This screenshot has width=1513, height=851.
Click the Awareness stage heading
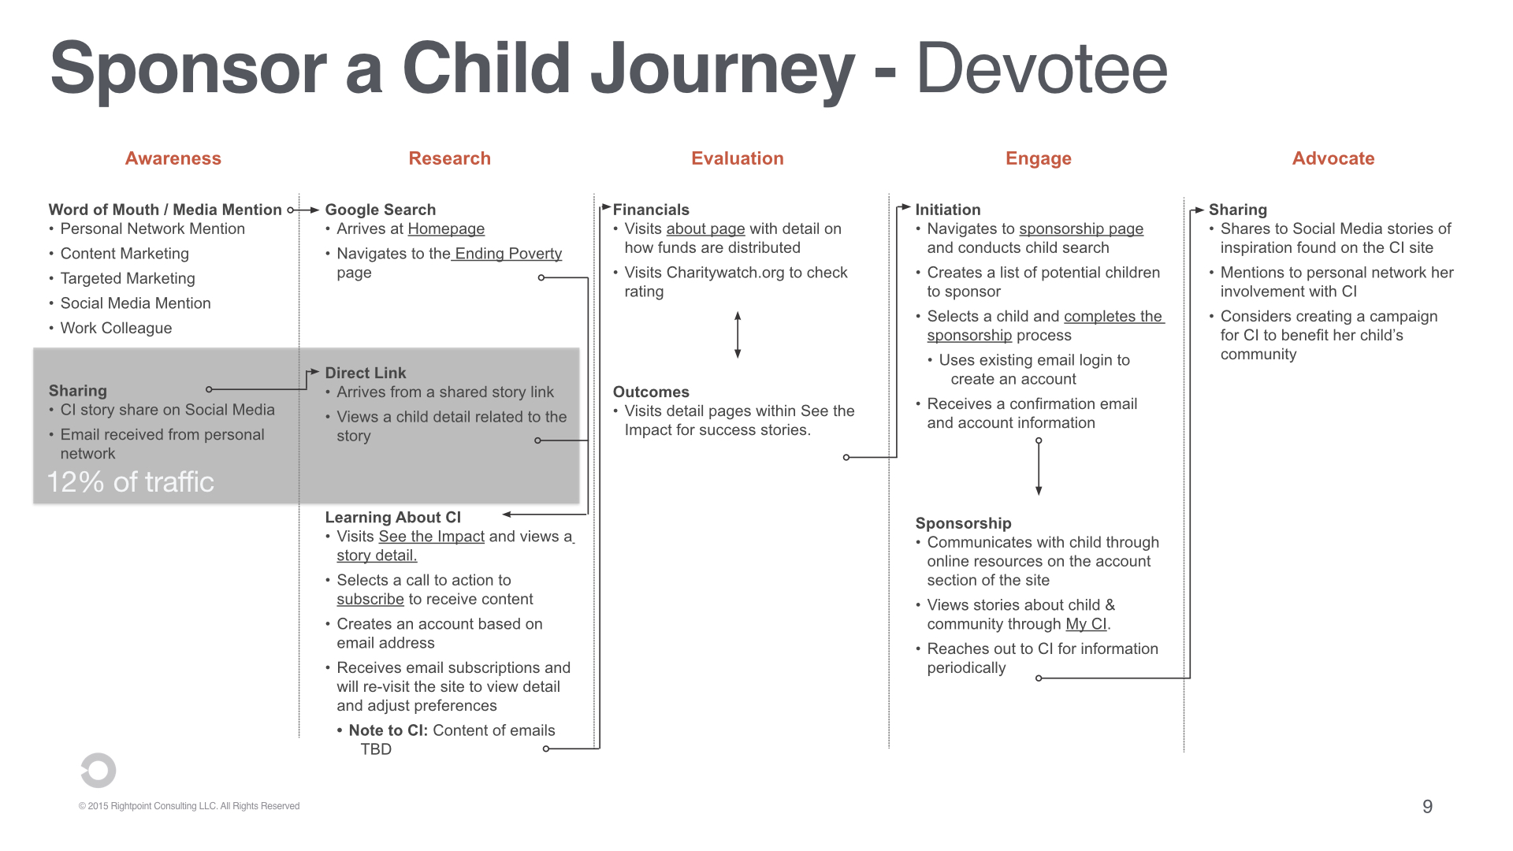(173, 158)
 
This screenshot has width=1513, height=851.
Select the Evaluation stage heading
(737, 158)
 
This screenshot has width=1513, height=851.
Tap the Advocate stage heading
(1333, 158)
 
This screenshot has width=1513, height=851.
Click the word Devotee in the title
(1041, 69)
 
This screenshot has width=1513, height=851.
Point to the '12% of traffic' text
(131, 481)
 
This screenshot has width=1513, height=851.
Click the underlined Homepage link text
(446, 229)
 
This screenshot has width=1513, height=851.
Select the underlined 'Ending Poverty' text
(508, 254)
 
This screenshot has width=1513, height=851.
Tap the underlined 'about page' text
(705, 229)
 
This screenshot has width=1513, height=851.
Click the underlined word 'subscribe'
(370, 599)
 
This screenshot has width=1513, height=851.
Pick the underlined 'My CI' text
(1086, 624)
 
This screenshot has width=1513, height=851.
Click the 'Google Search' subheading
(381, 210)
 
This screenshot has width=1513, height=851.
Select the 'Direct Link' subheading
(366, 373)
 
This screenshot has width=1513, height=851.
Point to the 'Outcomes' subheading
(651, 392)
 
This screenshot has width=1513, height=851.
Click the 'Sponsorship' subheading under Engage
(963, 523)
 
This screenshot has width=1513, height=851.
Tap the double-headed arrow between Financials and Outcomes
(738, 335)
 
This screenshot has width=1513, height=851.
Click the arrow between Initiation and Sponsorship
(1039, 466)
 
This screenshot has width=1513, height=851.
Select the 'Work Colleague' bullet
(116, 328)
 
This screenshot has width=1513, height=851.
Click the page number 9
(1427, 806)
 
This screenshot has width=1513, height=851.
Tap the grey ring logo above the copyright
(99, 770)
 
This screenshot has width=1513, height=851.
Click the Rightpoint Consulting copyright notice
(189, 806)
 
